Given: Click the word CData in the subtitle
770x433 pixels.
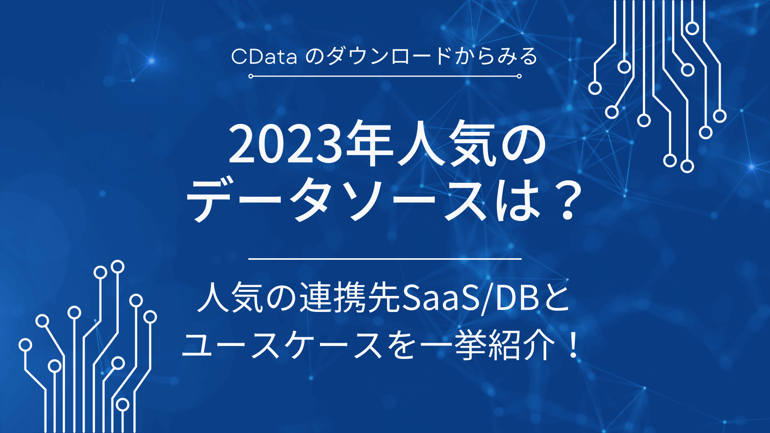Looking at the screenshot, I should click(x=264, y=57).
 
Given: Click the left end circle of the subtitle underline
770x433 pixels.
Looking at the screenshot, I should click(x=251, y=76).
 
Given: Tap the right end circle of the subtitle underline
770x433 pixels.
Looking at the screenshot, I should click(x=519, y=76).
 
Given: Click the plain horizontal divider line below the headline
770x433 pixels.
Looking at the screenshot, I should click(x=385, y=259).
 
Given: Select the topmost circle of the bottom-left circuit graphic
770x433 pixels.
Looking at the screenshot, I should click(x=118, y=267).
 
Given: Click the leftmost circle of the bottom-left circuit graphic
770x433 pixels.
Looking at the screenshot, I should click(x=25, y=345).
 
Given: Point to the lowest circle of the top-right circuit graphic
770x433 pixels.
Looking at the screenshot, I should click(x=687, y=166).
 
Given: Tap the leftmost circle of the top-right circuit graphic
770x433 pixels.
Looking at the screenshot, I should click(x=595, y=88).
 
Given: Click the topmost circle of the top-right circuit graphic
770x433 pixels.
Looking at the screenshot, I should click(x=692, y=28).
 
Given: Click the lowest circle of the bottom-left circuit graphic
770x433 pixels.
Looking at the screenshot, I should click(x=123, y=405).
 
